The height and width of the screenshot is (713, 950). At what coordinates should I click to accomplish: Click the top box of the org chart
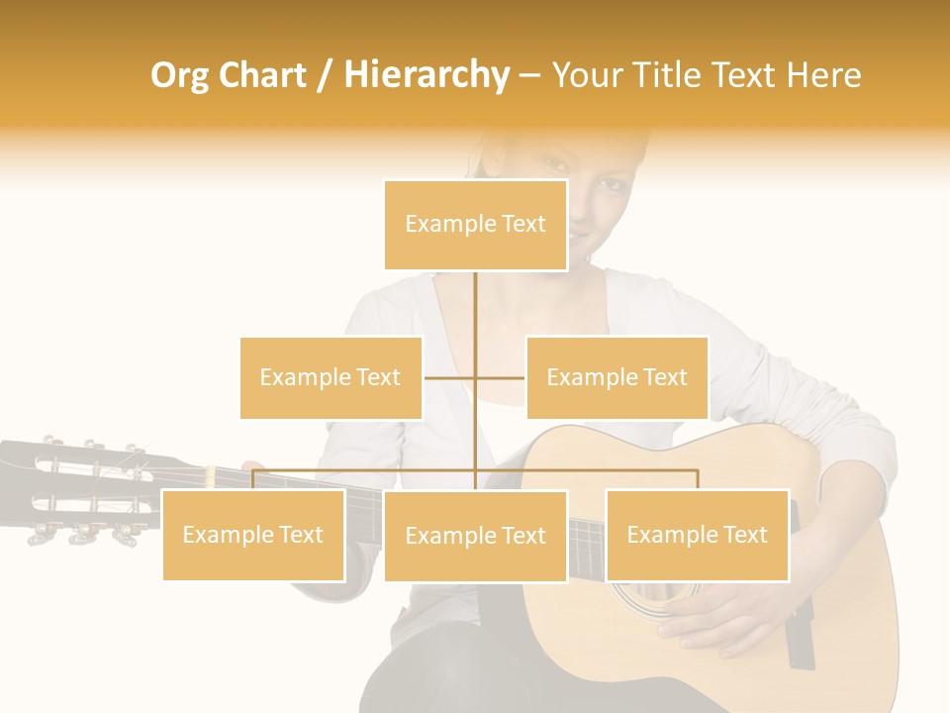tap(475, 225)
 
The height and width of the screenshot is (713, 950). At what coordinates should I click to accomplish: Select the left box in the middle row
tap(331, 377)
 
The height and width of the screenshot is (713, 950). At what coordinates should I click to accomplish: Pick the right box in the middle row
tap(617, 377)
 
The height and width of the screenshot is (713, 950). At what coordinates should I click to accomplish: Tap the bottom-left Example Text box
tap(253, 535)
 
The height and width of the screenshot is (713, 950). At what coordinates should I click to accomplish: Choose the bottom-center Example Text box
tap(475, 536)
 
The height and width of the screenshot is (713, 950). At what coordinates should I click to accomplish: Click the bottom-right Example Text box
tap(697, 535)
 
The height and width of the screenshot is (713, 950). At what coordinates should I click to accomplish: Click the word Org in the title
tap(179, 75)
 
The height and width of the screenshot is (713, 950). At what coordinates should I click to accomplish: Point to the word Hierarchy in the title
tap(426, 75)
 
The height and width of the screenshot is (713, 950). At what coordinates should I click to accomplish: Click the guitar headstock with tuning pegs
tap(84, 490)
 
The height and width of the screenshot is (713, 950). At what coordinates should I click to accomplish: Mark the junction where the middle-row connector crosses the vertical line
tap(475, 377)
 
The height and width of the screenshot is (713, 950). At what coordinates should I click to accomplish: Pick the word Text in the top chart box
tap(522, 224)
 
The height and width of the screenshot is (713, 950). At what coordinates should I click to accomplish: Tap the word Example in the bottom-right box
tap(670, 535)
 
